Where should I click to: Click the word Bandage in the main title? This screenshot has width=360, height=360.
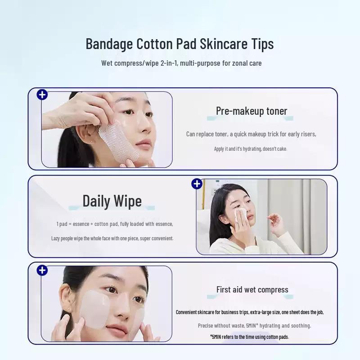pyautogui.click(x=109, y=44)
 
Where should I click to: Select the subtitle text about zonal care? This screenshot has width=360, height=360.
pyautogui.click(x=181, y=63)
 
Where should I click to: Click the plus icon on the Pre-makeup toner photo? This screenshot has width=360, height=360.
pyautogui.click(x=42, y=94)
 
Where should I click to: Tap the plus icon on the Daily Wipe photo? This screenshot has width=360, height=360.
pyautogui.click(x=197, y=184)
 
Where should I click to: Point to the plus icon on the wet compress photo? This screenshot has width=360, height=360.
pyautogui.click(x=42, y=270)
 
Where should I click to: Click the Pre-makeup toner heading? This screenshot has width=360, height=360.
pyautogui.click(x=251, y=111)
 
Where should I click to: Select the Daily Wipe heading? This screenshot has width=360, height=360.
pyautogui.click(x=112, y=201)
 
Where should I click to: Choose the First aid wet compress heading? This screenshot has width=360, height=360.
pyautogui.click(x=252, y=289)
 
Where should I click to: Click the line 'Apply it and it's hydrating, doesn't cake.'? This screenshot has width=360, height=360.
pyautogui.click(x=250, y=149)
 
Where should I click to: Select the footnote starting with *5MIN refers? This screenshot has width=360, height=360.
pyautogui.click(x=249, y=337)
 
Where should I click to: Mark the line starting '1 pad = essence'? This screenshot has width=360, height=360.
pyautogui.click(x=114, y=224)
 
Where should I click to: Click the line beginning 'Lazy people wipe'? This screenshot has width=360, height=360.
pyautogui.click(x=112, y=238)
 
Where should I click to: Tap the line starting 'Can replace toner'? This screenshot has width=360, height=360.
pyautogui.click(x=251, y=134)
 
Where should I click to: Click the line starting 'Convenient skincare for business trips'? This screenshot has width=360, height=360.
pyautogui.click(x=249, y=312)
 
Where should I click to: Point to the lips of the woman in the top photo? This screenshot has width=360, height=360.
pyautogui.click(x=144, y=144)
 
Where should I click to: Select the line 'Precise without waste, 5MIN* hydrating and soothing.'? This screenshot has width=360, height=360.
pyautogui.click(x=254, y=325)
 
